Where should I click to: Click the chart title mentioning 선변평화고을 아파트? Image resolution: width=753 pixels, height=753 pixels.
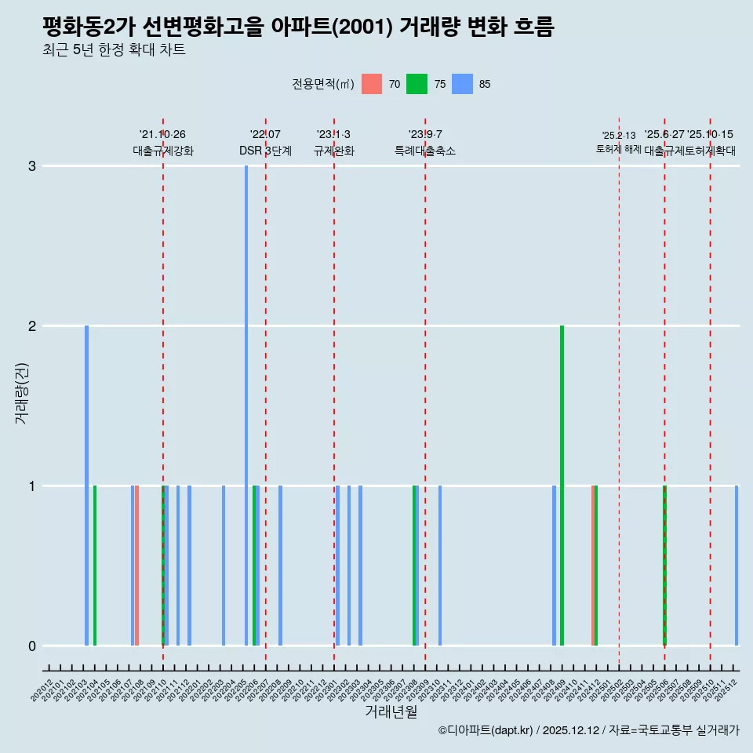coord(298,27)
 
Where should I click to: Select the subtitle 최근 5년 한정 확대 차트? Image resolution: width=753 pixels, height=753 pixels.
coord(115,51)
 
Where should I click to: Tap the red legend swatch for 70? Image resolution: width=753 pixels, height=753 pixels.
coord(372,84)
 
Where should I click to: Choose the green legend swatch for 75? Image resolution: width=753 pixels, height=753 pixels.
coord(417,84)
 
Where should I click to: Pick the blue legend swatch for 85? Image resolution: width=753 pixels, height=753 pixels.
coord(463,84)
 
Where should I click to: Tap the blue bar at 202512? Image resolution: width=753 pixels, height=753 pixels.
coord(737,565)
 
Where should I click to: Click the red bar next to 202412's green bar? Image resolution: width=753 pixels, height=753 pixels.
coord(593,565)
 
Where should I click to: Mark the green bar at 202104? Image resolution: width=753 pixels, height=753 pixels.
coord(95,565)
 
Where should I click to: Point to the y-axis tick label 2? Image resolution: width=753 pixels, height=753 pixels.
coord(32,326)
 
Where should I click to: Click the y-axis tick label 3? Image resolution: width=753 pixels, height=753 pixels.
coord(32,166)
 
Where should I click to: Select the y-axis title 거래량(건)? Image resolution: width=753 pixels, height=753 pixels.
coord(22,392)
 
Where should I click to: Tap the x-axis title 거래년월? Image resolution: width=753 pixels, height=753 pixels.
coord(391,711)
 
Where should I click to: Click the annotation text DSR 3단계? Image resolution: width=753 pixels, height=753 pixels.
coord(265,151)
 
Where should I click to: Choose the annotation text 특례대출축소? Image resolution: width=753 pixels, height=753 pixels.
coord(424,151)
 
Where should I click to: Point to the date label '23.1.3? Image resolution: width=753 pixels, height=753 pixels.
coord(333,135)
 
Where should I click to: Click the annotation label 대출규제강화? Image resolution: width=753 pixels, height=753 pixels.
coord(162,151)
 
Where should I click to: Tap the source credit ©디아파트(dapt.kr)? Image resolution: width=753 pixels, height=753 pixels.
coord(486,730)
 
